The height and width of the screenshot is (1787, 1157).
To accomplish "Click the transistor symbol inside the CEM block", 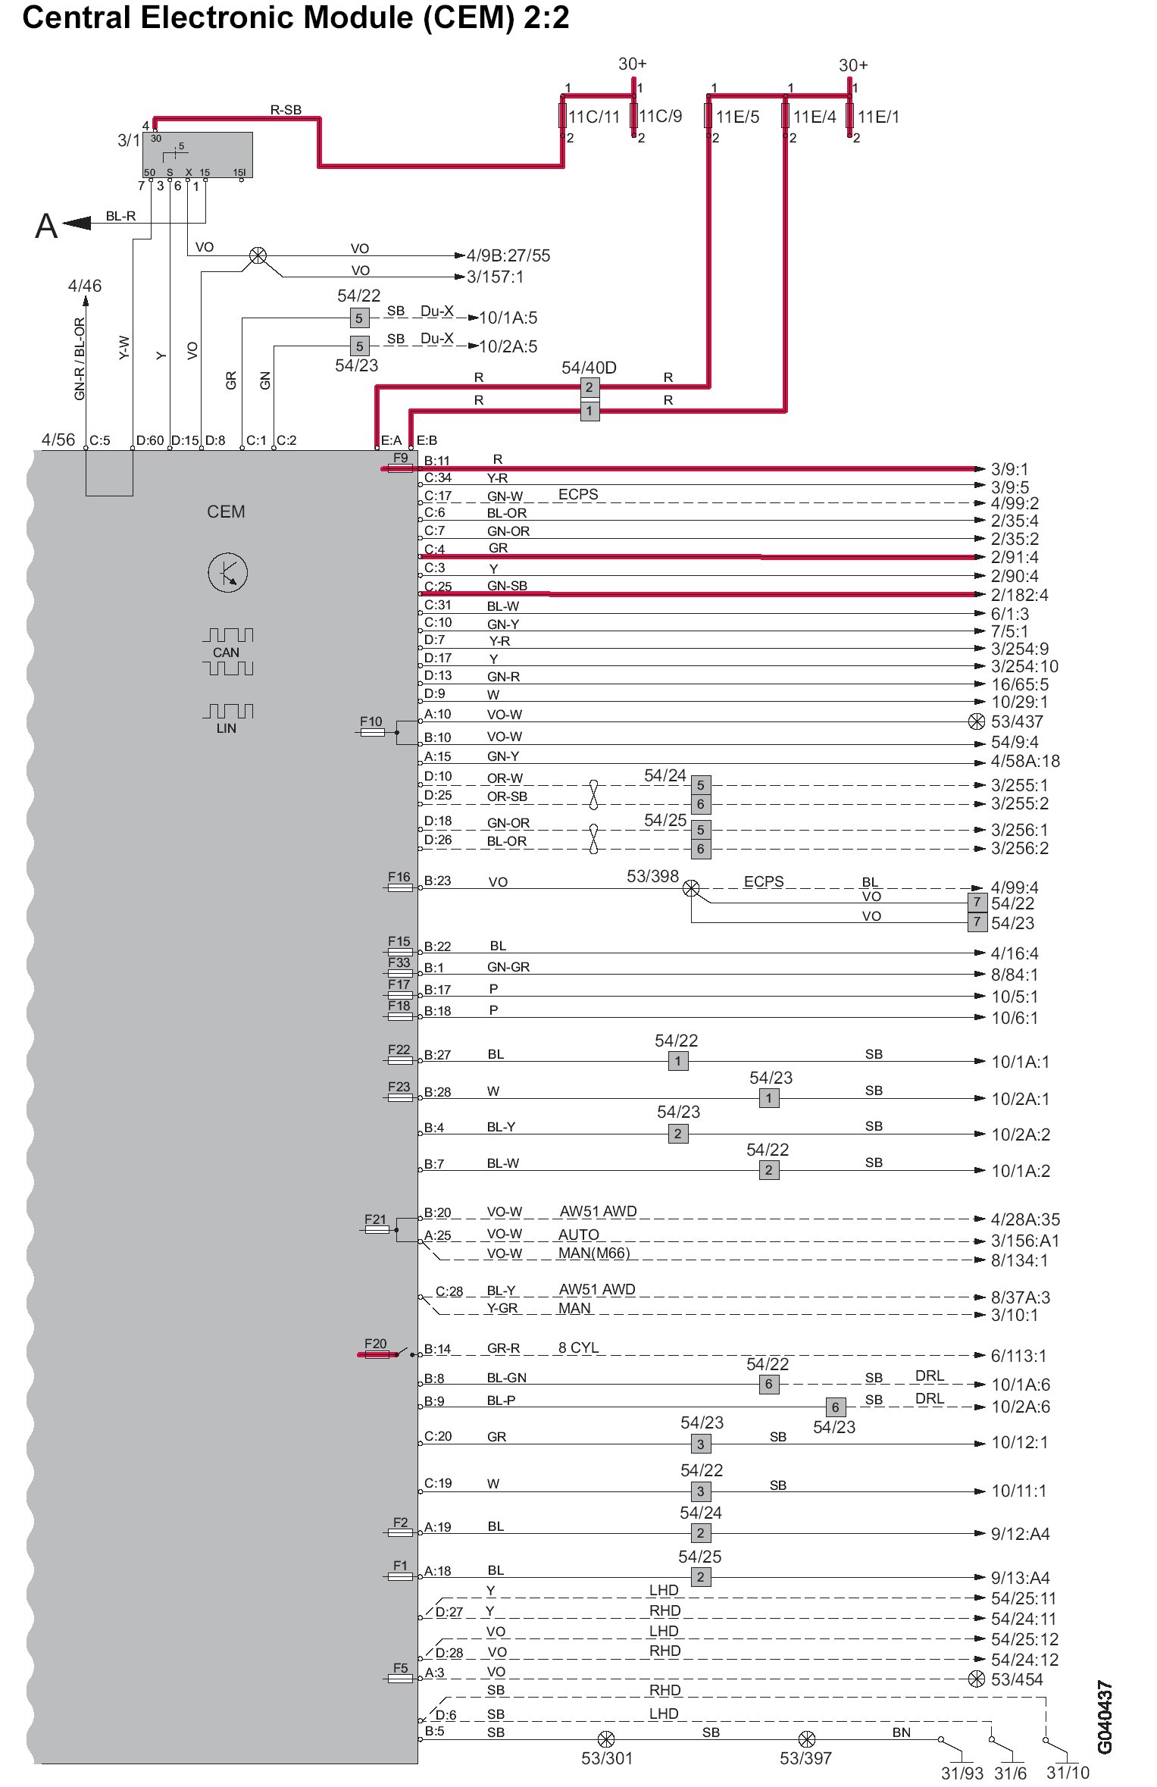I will click(227, 573).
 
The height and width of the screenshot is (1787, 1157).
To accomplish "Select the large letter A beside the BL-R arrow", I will click(46, 226).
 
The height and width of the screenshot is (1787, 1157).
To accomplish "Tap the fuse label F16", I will click(399, 877).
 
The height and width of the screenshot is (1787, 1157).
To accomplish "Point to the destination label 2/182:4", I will click(1019, 595).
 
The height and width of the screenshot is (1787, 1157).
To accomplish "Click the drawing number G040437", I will click(1105, 1717).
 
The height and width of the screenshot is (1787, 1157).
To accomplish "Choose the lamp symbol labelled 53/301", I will click(606, 1739).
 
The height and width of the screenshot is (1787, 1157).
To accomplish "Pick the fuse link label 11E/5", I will click(737, 117).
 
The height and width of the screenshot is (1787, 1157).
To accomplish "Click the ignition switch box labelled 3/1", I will click(198, 155).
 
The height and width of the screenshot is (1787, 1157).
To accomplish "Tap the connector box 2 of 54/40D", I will click(589, 387).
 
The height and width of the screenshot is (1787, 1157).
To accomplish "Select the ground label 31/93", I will click(962, 1773).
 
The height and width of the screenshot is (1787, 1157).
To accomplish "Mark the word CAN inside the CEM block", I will click(226, 653).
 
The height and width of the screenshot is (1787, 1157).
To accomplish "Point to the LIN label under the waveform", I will click(226, 728).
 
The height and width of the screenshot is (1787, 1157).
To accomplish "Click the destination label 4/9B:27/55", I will click(508, 255).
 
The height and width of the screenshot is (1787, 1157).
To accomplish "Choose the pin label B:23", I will click(437, 881).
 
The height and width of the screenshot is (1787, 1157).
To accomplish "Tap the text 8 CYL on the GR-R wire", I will click(578, 1347).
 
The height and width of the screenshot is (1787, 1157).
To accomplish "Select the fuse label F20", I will click(375, 1344).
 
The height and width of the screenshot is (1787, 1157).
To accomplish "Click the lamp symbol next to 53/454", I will click(977, 1679).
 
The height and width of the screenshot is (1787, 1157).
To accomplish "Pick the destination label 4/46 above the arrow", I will click(84, 286).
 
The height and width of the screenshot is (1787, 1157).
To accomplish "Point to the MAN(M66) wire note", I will click(593, 1253).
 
